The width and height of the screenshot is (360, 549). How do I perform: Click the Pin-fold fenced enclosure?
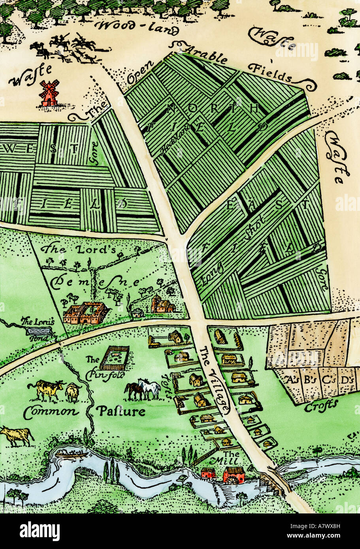(114, 358)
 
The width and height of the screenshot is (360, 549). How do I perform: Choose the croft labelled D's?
(347, 380)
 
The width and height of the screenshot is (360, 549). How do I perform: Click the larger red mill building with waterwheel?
(234, 474)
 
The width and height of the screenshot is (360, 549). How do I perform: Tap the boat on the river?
(72, 454)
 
